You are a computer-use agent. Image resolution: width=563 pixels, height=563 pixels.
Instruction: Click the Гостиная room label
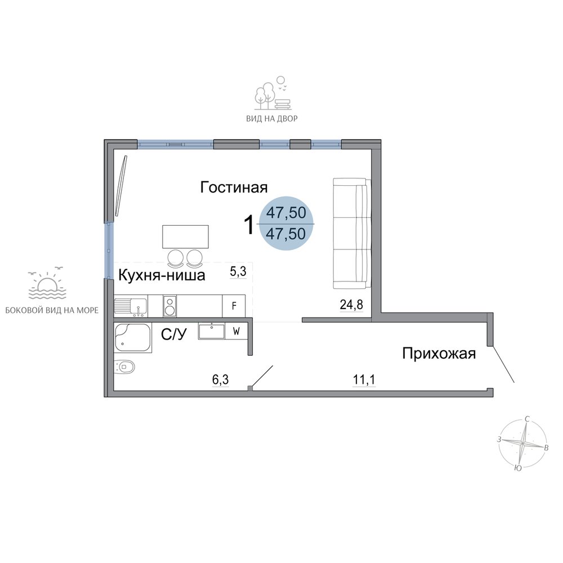(x=234, y=187)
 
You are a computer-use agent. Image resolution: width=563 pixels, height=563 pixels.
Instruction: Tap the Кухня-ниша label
(x=162, y=275)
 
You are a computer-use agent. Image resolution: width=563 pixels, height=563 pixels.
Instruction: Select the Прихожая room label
(x=439, y=354)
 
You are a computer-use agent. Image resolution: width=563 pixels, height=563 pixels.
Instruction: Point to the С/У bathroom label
(x=174, y=334)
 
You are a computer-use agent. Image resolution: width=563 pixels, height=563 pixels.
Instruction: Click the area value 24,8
(x=351, y=305)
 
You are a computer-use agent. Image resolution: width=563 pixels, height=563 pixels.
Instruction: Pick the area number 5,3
(x=238, y=272)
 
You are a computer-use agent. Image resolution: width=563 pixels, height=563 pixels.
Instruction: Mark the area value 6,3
(x=221, y=379)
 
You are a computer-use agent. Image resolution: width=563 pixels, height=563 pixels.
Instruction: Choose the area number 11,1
(x=364, y=379)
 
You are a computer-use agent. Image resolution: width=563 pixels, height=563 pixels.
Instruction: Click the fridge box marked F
(x=234, y=306)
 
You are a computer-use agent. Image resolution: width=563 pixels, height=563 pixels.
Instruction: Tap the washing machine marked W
(x=236, y=332)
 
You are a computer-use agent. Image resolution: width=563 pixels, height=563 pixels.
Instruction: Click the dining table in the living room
(x=185, y=236)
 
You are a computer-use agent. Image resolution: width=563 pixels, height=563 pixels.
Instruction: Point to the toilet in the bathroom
(x=124, y=367)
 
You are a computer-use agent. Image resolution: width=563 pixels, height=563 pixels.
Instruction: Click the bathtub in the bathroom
(x=133, y=338)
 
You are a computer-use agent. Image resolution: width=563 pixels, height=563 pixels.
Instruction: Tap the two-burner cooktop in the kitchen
(x=170, y=306)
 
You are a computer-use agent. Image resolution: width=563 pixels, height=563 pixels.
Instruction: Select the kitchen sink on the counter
(x=131, y=307)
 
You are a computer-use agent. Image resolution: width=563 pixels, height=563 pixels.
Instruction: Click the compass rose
(x=524, y=444)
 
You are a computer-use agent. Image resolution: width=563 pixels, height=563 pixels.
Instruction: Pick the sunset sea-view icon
(x=47, y=283)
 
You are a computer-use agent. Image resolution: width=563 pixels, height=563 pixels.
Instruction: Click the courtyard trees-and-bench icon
(x=273, y=93)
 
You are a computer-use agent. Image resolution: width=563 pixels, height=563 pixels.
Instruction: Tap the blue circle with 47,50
(x=286, y=224)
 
